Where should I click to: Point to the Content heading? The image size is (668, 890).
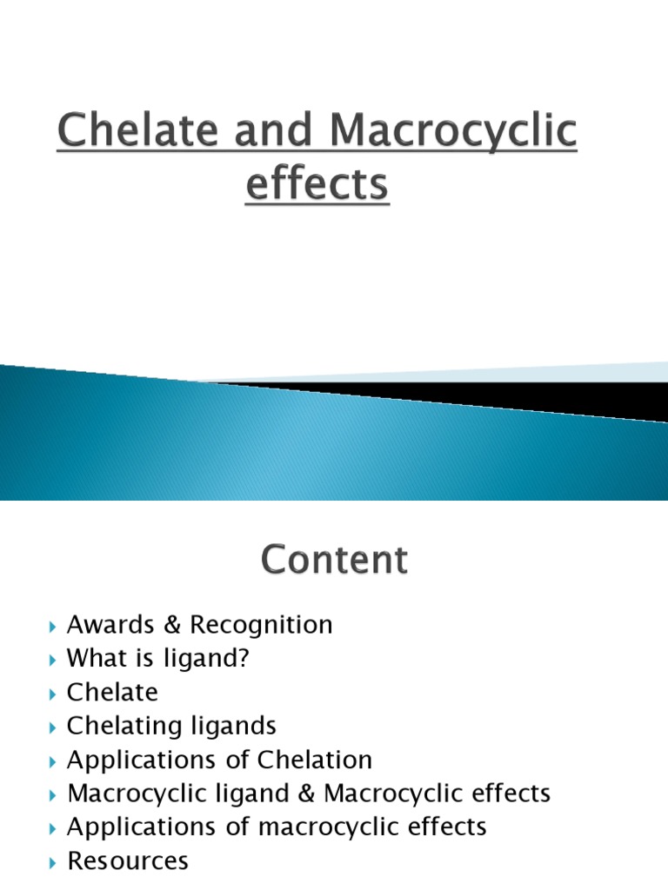[333, 559]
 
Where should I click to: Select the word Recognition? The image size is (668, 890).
[261, 625]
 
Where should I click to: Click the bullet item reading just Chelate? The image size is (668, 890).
[113, 693]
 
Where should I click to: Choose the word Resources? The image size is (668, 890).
[127, 861]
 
